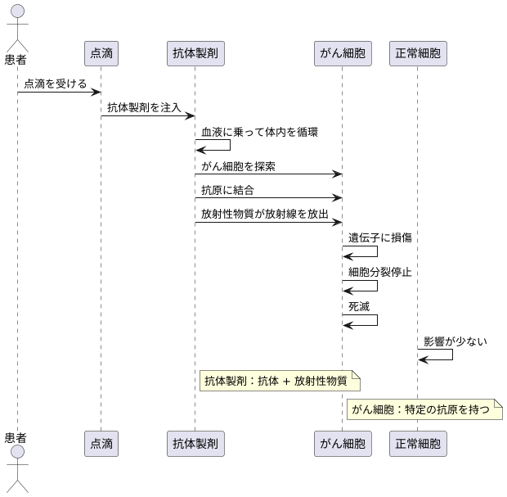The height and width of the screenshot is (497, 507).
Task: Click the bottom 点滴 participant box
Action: click(x=101, y=444)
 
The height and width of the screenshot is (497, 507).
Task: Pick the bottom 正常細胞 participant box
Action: click(x=418, y=444)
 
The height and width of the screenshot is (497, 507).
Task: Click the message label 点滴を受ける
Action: click(x=55, y=84)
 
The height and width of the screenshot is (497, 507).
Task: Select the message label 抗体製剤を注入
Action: click(x=144, y=107)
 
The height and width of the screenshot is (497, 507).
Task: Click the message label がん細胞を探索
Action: click(x=238, y=166)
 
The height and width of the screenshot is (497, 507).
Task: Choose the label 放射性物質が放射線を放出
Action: click(x=264, y=214)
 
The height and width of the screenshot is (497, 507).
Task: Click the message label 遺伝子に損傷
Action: click(x=379, y=237)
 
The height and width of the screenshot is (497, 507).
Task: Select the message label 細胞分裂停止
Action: click(x=379, y=271)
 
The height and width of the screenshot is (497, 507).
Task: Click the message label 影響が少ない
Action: click(x=455, y=341)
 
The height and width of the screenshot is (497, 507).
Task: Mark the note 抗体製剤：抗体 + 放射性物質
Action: click(x=279, y=380)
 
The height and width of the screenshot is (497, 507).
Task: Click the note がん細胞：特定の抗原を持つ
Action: click(x=424, y=409)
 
